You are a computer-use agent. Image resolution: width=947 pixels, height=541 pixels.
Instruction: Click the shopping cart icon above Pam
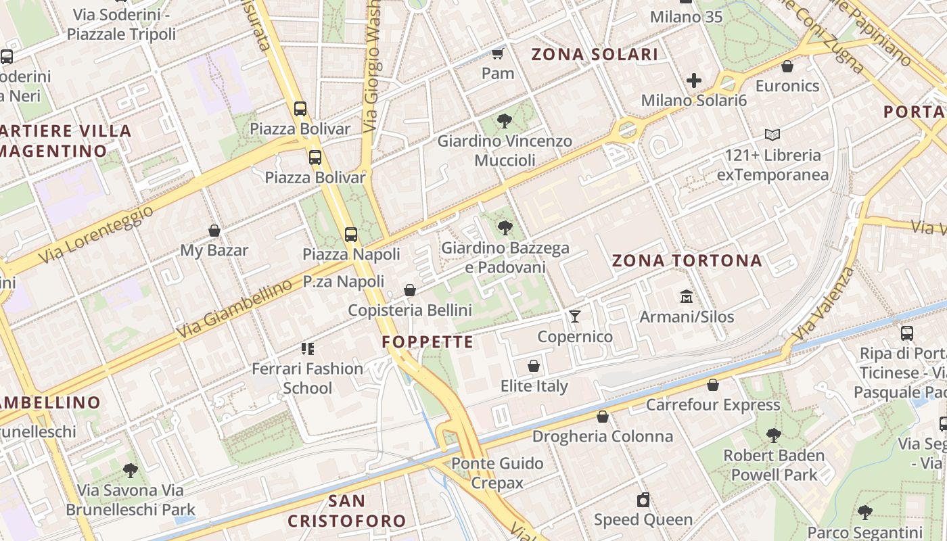(498, 53)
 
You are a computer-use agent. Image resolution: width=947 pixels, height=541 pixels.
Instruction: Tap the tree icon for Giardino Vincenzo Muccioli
(504, 122)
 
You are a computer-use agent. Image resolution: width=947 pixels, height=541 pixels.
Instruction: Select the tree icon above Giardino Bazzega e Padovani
(505, 228)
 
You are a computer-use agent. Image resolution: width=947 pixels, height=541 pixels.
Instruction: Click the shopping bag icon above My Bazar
(214, 231)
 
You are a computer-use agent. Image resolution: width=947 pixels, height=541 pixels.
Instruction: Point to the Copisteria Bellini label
(410, 310)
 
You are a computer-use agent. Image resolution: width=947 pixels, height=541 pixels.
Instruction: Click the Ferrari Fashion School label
(308, 378)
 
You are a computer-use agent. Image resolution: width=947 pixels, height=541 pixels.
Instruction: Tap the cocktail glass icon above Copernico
(575, 316)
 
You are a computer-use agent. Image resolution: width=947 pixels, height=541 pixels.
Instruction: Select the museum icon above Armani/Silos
(687, 296)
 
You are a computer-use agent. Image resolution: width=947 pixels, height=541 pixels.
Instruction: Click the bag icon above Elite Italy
(534, 367)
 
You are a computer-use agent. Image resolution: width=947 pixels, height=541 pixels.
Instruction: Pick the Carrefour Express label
(713, 405)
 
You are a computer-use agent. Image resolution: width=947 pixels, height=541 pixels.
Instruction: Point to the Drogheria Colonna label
(603, 436)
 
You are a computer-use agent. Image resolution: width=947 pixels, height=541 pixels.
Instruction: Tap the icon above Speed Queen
(643, 500)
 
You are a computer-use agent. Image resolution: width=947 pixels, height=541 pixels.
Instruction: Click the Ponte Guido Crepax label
(497, 473)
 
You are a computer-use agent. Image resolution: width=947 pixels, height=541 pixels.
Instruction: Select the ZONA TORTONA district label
(687, 261)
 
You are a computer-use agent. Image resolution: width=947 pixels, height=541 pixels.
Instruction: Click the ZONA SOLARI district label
(595, 55)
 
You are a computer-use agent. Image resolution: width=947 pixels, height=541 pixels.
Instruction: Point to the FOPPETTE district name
(428, 342)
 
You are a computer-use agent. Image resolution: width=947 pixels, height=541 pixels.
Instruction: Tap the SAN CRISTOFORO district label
(347, 511)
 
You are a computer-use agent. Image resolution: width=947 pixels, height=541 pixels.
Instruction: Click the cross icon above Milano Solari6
(694, 81)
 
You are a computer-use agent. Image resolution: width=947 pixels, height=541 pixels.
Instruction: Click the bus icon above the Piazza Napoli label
(350, 235)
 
